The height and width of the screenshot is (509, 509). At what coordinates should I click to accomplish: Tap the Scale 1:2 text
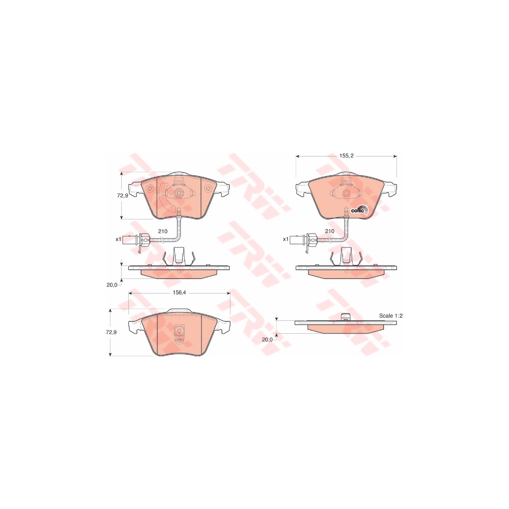(391, 316)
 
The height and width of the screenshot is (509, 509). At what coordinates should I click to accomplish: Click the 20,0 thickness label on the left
(111, 285)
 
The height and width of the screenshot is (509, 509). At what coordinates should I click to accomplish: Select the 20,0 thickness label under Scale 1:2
(267, 339)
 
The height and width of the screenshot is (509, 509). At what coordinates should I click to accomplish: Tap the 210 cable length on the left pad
(162, 231)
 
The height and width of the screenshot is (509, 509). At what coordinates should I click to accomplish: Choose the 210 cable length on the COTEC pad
(329, 231)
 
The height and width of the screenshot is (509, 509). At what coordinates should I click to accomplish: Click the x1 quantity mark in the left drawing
(118, 239)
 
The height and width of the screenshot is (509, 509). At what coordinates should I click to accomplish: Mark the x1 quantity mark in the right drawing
(286, 239)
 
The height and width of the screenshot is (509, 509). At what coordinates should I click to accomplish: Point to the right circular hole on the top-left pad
(207, 189)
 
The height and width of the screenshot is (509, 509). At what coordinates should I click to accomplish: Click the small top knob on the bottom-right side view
(346, 317)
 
